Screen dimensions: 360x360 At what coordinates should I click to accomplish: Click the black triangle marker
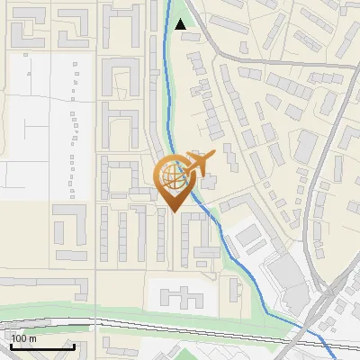click(x=182, y=25)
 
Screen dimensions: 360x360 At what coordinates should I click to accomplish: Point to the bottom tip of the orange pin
click(x=174, y=211)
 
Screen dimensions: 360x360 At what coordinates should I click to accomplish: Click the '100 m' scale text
click(x=24, y=338)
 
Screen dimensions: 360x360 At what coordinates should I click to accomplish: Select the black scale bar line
click(x=42, y=346)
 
